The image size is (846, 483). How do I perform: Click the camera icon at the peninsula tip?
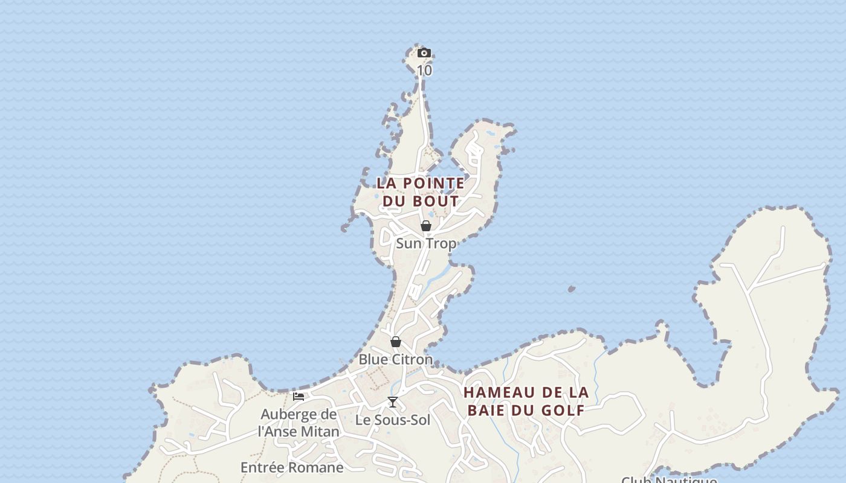(x=424, y=53)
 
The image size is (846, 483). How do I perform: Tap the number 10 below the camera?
(x=424, y=70)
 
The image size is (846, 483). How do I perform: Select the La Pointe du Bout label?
(x=421, y=191)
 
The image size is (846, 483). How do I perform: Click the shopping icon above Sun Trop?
(x=426, y=226)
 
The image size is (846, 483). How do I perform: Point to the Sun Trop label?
(x=426, y=243)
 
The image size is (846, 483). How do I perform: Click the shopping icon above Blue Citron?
(x=396, y=342)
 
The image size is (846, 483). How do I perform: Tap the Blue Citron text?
(x=396, y=359)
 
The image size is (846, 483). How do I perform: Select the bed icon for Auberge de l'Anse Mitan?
(x=299, y=397)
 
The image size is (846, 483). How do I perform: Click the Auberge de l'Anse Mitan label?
(x=299, y=423)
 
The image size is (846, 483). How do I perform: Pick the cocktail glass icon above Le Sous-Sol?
(x=393, y=402)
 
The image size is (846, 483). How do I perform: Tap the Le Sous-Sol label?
(x=393, y=420)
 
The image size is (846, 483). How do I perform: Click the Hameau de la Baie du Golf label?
(x=526, y=401)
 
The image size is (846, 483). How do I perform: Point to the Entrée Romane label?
(x=292, y=467)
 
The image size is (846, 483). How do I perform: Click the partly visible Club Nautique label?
(x=669, y=479)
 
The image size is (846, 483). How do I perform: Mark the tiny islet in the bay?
(x=572, y=289)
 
